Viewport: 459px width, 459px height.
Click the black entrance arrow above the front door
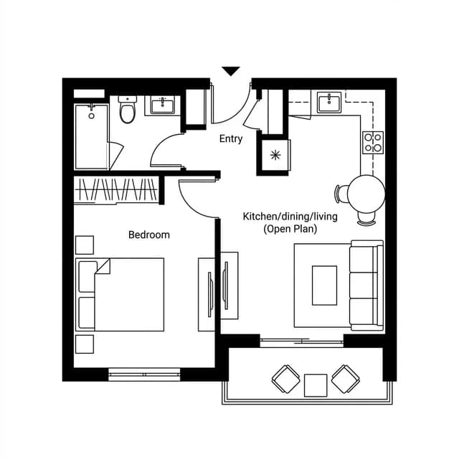point(231,71)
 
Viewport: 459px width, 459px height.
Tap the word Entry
point(231,138)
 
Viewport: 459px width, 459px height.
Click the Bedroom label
point(149,235)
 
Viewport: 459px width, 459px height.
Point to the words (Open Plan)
point(290,229)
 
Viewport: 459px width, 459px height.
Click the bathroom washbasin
point(163,105)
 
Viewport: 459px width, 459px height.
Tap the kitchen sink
point(329,102)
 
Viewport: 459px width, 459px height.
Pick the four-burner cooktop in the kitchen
point(373,143)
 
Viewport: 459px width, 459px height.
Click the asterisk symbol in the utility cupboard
point(275,155)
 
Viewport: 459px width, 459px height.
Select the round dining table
point(366,194)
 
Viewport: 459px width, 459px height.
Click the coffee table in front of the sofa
point(324,285)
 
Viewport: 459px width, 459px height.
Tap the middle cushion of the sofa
point(364,285)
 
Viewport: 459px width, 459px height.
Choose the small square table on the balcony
point(316,386)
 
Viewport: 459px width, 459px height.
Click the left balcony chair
point(286,379)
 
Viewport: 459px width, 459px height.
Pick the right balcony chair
point(346,379)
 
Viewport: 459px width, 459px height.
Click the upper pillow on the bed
point(87,277)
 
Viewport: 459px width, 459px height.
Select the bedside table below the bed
point(85,344)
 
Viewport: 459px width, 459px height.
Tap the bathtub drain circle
point(91,116)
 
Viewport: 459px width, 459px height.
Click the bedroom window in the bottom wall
point(144,374)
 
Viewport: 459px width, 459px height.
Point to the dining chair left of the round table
point(341,194)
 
